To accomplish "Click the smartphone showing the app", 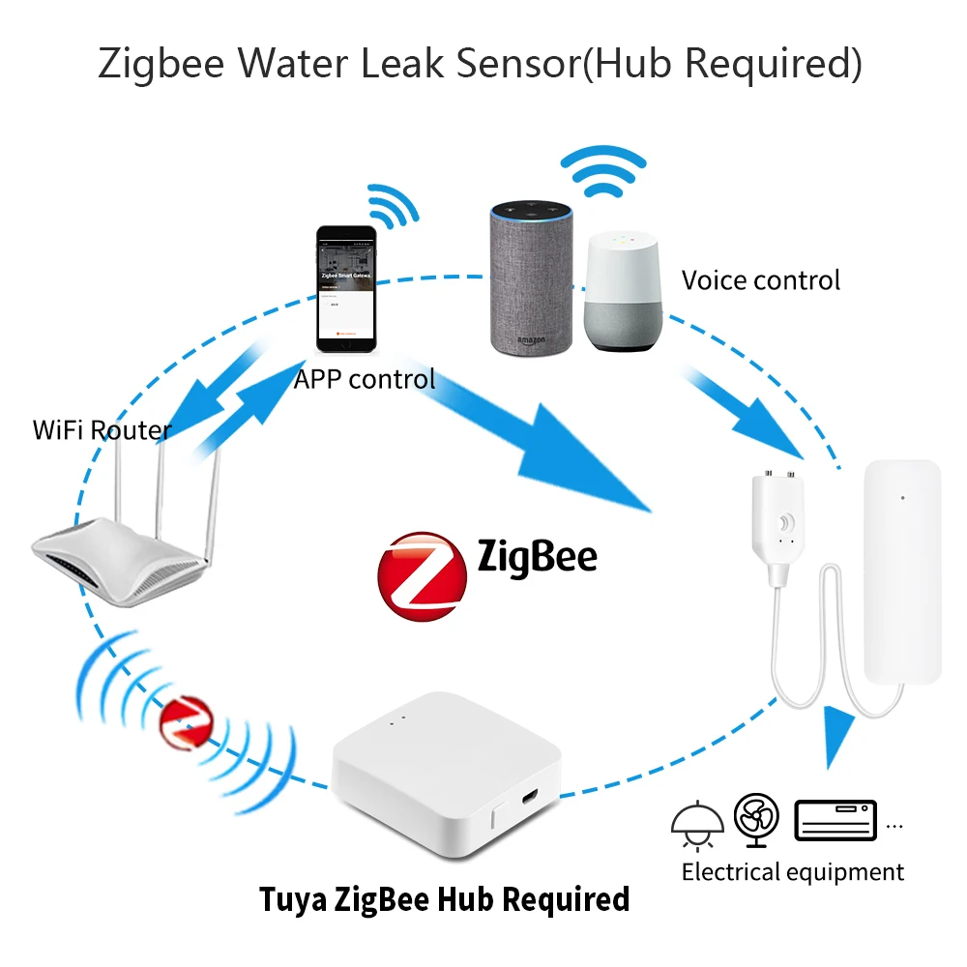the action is tap(346, 289).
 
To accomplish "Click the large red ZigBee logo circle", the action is tap(422, 573).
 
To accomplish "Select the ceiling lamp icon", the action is tap(697, 820).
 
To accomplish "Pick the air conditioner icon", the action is tap(835, 820).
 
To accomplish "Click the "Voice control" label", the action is tap(761, 280).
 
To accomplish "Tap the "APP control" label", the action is tap(365, 378).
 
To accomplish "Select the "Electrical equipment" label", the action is tap(792, 872).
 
